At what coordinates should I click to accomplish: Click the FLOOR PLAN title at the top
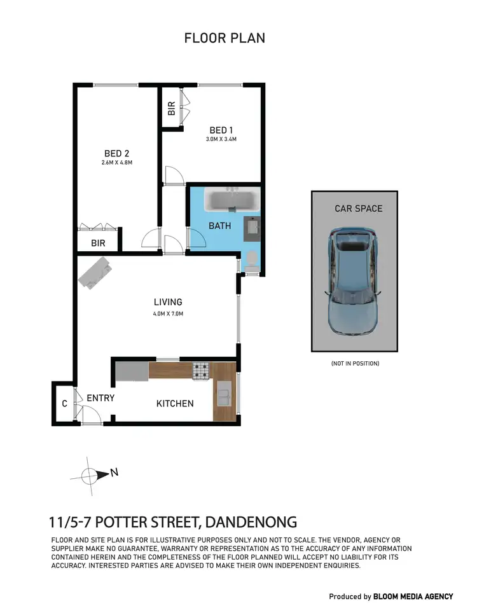tap(225, 38)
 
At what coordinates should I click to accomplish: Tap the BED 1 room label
tap(221, 130)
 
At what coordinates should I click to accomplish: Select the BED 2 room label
tap(116, 153)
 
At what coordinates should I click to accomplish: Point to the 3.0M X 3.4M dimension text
tap(221, 140)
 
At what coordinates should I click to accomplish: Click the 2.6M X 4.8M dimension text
tap(116, 163)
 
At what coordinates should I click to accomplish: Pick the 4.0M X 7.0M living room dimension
tap(168, 313)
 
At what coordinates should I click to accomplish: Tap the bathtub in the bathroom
tap(232, 201)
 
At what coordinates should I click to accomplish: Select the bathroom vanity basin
tap(252, 227)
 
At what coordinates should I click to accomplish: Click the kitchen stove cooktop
tap(201, 370)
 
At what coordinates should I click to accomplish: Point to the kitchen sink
tap(224, 394)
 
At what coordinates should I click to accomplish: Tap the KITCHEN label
tap(175, 403)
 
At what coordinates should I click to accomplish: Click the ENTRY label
tap(100, 398)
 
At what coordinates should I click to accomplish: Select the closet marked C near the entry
tap(64, 403)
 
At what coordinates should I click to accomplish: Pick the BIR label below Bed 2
tap(98, 243)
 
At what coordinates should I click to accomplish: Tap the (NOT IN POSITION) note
tap(354, 363)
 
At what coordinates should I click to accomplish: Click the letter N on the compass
tap(114, 472)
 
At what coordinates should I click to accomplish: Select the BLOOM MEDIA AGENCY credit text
tap(413, 597)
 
